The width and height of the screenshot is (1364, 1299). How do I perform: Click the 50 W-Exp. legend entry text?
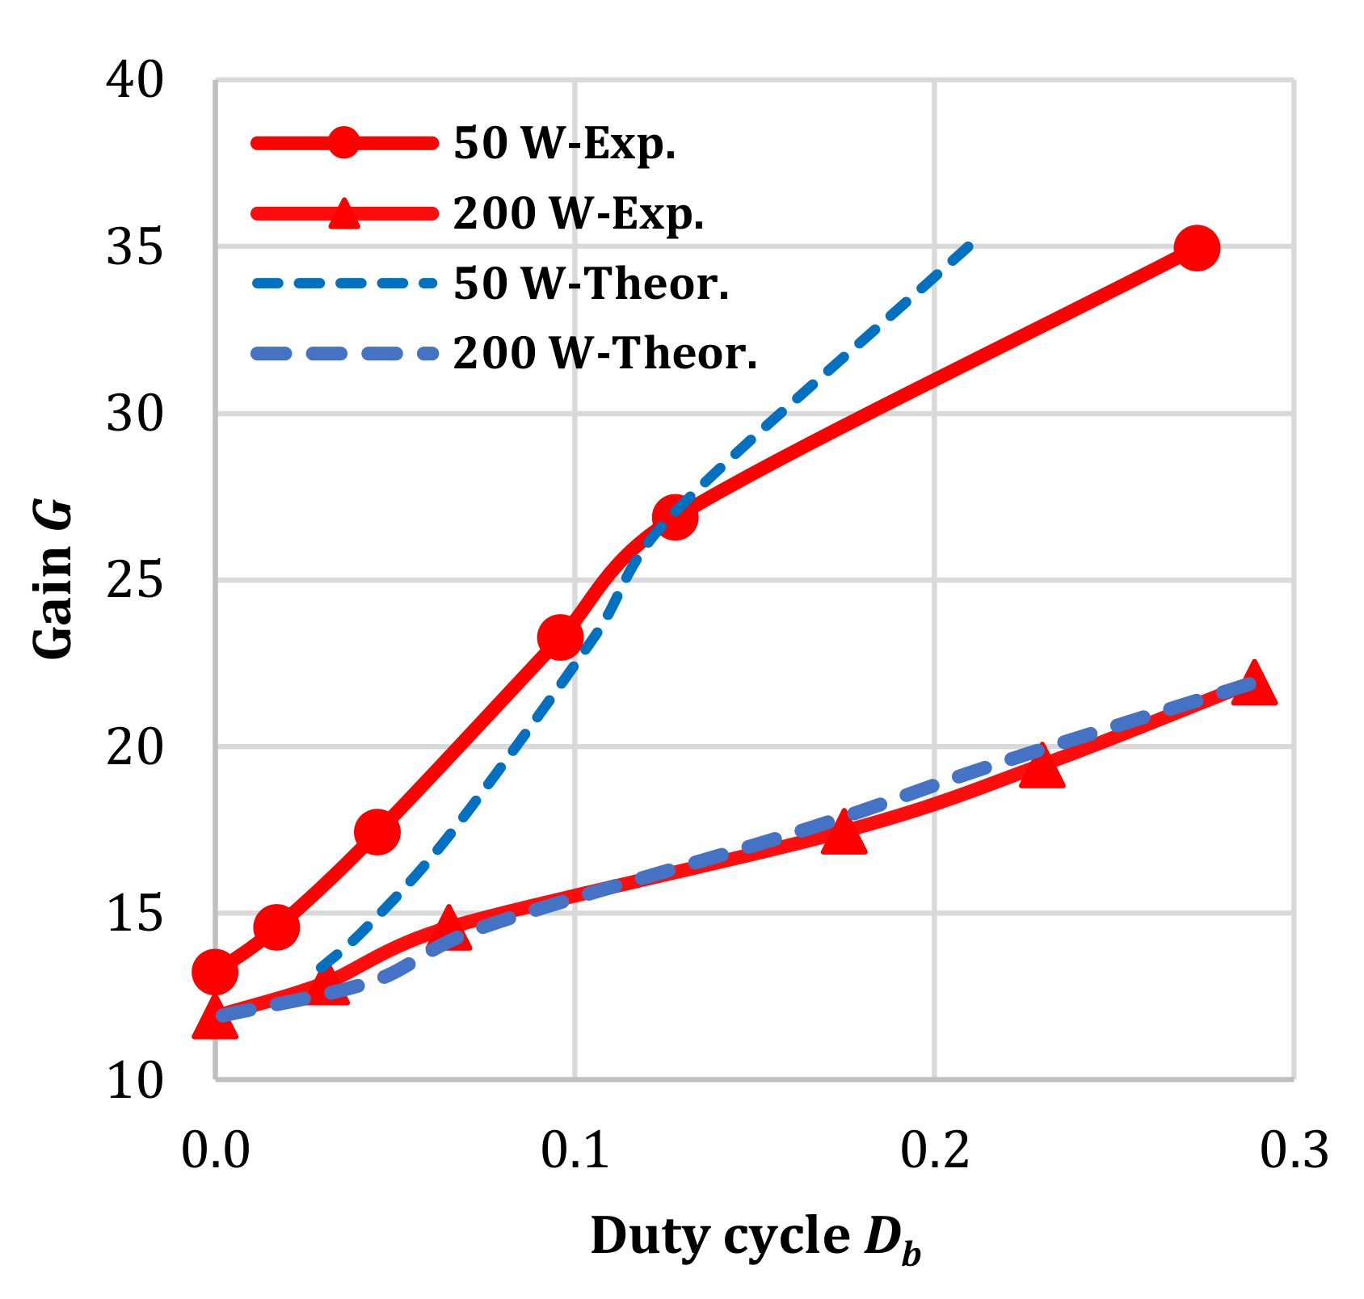pyautogui.click(x=564, y=144)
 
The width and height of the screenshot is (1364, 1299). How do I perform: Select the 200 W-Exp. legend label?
pyautogui.click(x=579, y=214)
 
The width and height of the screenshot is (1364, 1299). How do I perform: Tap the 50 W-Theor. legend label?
pyautogui.click(x=591, y=284)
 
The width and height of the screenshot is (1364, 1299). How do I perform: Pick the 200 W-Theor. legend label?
pyautogui.click(x=605, y=353)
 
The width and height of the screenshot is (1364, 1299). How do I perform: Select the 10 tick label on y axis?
pyautogui.click(x=134, y=1081)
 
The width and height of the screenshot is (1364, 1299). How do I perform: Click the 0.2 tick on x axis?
pyautogui.click(x=934, y=1150)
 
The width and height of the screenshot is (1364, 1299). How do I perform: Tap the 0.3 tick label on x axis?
pyautogui.click(x=1294, y=1150)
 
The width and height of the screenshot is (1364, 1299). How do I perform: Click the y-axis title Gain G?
pyautogui.click(x=53, y=580)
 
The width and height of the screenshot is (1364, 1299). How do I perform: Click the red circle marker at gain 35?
pyautogui.click(x=1197, y=248)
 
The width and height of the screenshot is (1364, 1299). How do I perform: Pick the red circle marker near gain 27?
pyautogui.click(x=675, y=517)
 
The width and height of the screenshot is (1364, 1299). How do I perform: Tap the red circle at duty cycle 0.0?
pyautogui.click(x=215, y=972)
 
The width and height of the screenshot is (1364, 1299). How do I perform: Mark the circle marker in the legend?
pyautogui.click(x=344, y=144)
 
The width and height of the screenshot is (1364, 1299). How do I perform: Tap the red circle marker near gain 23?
pyautogui.click(x=560, y=637)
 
